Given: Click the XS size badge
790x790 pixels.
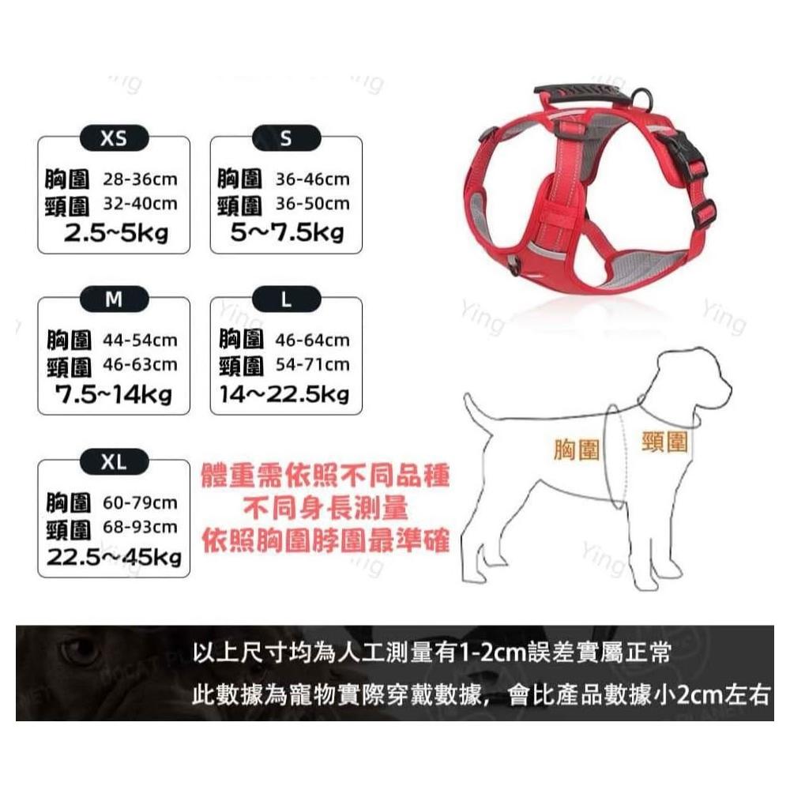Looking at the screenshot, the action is coord(115,137).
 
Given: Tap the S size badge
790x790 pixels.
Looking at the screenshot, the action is coord(286,137).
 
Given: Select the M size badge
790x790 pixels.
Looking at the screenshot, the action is coord(115,299).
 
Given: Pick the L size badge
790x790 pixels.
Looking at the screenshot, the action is coord(286,299).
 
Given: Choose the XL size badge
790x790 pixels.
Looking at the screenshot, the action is coord(115,461).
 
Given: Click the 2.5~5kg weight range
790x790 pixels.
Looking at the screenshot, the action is coord(116,233).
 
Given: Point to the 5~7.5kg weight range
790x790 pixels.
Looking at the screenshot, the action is coord(288,233).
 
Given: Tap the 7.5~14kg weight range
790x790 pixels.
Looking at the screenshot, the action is coord(114,394).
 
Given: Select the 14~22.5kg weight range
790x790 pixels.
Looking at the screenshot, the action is coord(284,394).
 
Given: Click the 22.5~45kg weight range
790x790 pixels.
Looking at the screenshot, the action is coord(114,557).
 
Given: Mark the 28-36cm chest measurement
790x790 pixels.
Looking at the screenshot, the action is coord(140,179).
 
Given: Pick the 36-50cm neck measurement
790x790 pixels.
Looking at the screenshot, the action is coord(312,204).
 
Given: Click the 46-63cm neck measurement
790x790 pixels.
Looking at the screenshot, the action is coord(140,365).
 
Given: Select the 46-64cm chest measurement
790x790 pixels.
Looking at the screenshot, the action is coord(312,340).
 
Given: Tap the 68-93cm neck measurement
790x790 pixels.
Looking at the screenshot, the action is coord(140,527).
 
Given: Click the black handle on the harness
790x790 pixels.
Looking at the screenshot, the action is coord(582,94).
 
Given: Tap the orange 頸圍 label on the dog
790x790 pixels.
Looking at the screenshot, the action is coord(664,442).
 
